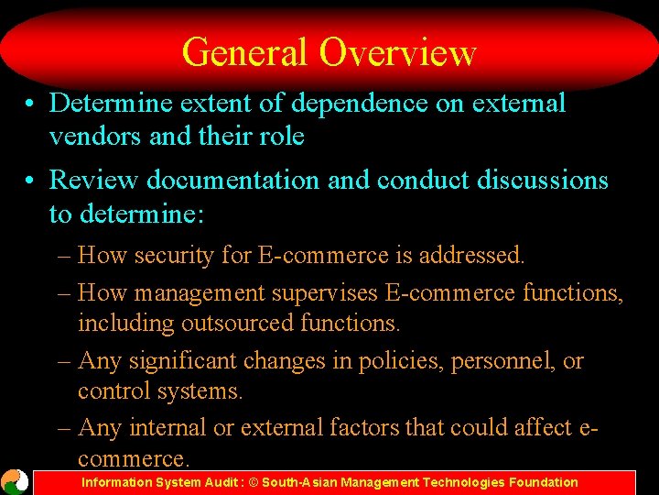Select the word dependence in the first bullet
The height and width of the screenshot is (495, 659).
353,104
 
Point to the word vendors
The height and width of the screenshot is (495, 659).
96,137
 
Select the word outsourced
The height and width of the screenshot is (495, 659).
250,324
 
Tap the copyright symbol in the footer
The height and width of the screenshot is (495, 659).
252,482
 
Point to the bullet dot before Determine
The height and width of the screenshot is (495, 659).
31,104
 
